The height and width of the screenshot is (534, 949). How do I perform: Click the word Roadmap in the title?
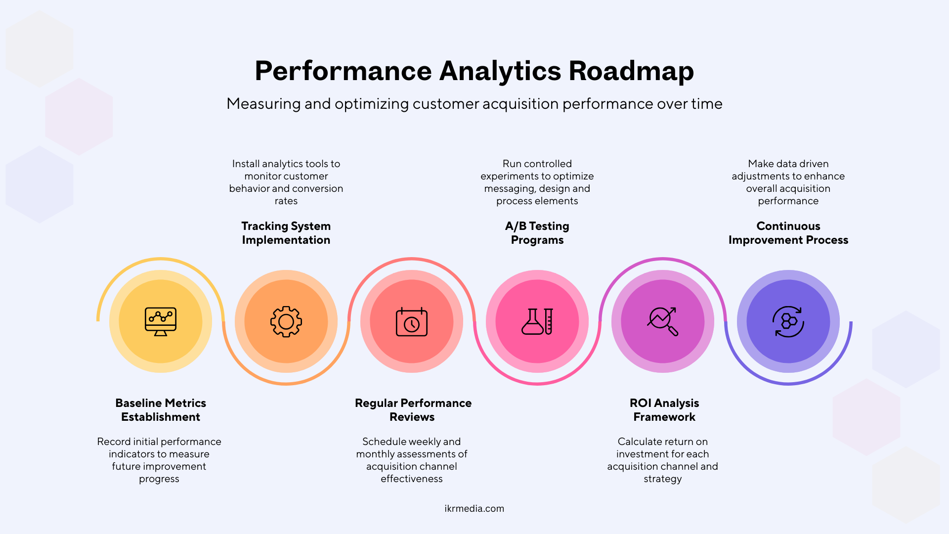click(631, 71)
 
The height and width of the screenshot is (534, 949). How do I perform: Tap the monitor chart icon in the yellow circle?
click(161, 321)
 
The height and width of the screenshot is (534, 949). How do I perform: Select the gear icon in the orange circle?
click(286, 321)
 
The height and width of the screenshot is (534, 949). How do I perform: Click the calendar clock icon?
click(412, 322)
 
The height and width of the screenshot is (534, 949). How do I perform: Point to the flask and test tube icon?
click(537, 321)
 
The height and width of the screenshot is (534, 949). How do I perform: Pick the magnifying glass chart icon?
click(663, 321)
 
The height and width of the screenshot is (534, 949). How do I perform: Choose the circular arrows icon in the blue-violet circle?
click(788, 321)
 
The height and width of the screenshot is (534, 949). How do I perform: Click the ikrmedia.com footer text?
click(474, 508)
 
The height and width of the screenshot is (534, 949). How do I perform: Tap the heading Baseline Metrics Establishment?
click(161, 410)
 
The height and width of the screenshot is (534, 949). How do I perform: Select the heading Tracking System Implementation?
click(286, 233)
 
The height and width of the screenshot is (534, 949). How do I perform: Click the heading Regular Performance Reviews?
click(413, 410)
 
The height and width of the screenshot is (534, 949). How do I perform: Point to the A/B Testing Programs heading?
click(537, 233)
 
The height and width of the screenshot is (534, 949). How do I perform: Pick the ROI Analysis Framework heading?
click(664, 410)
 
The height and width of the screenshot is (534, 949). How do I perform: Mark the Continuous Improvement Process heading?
click(788, 233)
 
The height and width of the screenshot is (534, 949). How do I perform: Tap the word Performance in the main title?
click(343, 71)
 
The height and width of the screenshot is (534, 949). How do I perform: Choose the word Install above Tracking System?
click(246, 164)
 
